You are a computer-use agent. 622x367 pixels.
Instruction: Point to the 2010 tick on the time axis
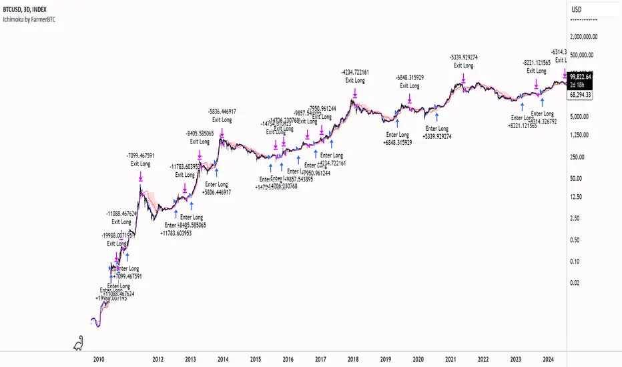[x=99, y=358]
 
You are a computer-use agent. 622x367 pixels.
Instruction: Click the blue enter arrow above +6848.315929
[x=398, y=121]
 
